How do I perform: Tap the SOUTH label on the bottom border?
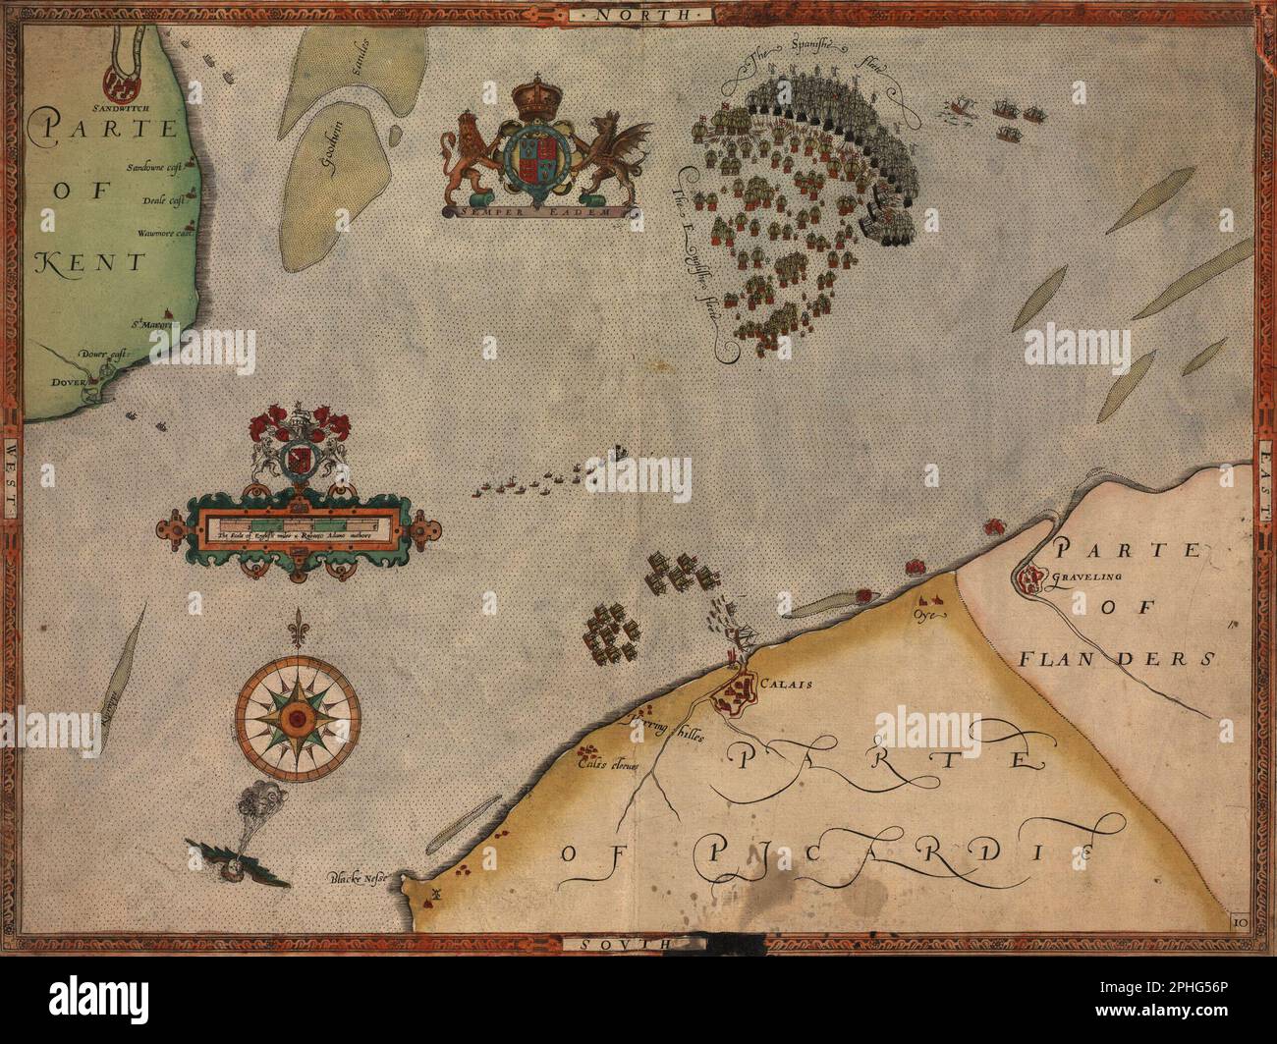[615, 943]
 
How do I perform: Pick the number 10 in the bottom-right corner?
[1239, 921]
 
